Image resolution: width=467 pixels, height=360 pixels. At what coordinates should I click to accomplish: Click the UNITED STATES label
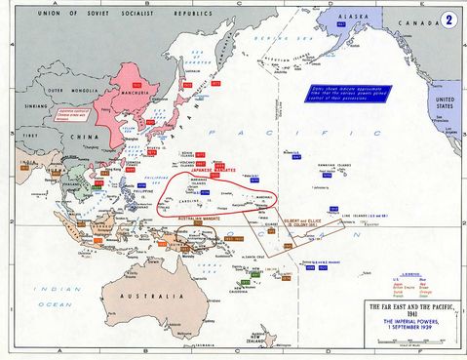tap(447, 101)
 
